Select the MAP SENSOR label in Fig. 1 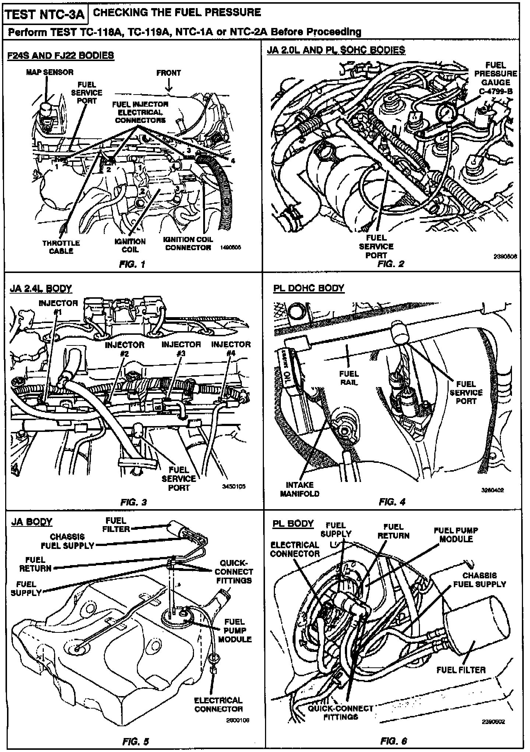tap(50, 72)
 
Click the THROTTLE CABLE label tap(61, 247)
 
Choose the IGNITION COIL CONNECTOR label tap(188, 243)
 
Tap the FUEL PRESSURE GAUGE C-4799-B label tap(495, 78)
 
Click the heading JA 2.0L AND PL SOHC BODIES tap(336, 50)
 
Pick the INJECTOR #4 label tap(231, 348)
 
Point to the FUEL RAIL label tap(349, 378)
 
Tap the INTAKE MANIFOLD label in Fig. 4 tap(300, 489)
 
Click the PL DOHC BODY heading tap(308, 288)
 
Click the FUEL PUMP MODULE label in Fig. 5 tap(234, 630)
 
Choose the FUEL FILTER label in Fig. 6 tap(461, 670)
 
